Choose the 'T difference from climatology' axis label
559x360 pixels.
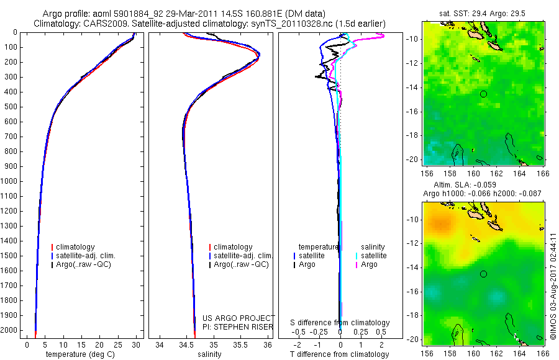tap(340, 354)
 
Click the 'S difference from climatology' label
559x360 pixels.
tap(340, 323)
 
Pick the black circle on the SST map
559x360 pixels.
tap(484, 94)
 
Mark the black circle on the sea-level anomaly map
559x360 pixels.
tap(484, 274)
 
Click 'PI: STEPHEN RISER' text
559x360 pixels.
tap(238, 326)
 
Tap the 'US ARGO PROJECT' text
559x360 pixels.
tap(238, 318)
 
